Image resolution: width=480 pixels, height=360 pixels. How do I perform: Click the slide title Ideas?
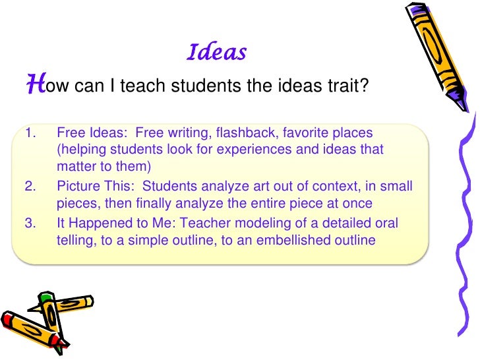[x=217, y=52]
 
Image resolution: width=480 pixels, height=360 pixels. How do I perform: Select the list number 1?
[x=28, y=133]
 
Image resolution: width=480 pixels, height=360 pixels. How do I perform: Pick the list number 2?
[x=28, y=186]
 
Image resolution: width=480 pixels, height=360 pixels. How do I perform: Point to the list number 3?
[x=28, y=223]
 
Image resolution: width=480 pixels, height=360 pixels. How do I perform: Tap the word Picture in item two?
[x=77, y=186]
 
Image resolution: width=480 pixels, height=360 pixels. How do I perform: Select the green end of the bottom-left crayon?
[x=44, y=298]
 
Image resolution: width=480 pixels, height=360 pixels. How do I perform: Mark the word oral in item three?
[x=400, y=223]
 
